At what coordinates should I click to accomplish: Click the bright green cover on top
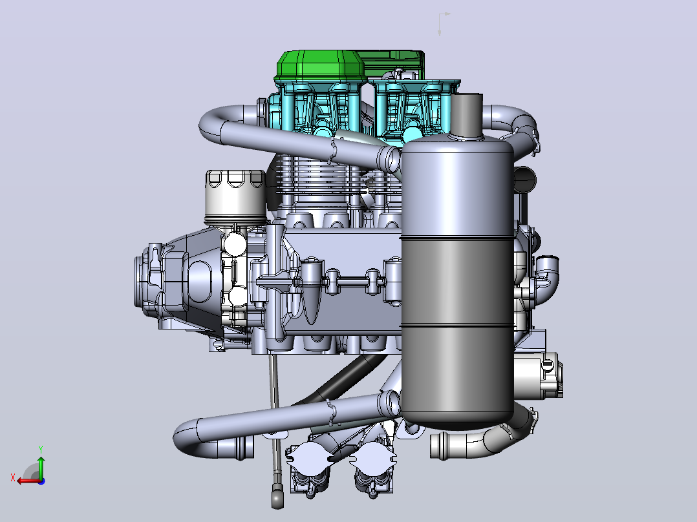click(x=321, y=66)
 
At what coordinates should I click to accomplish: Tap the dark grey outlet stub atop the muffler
click(x=467, y=114)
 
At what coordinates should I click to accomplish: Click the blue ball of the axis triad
click(x=41, y=481)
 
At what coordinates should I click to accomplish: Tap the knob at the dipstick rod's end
click(x=277, y=497)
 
